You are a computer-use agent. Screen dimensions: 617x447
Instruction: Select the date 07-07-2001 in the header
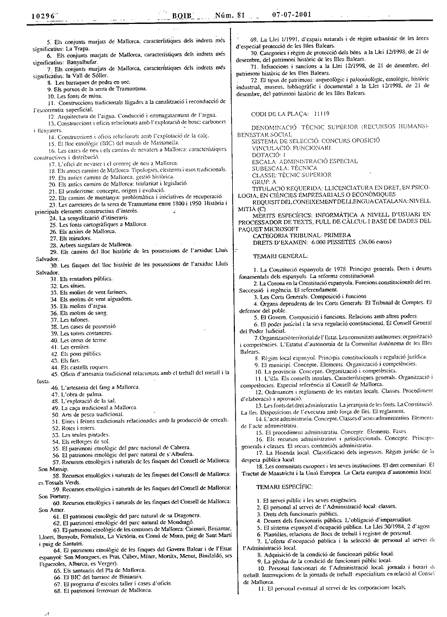coord(291,15)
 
